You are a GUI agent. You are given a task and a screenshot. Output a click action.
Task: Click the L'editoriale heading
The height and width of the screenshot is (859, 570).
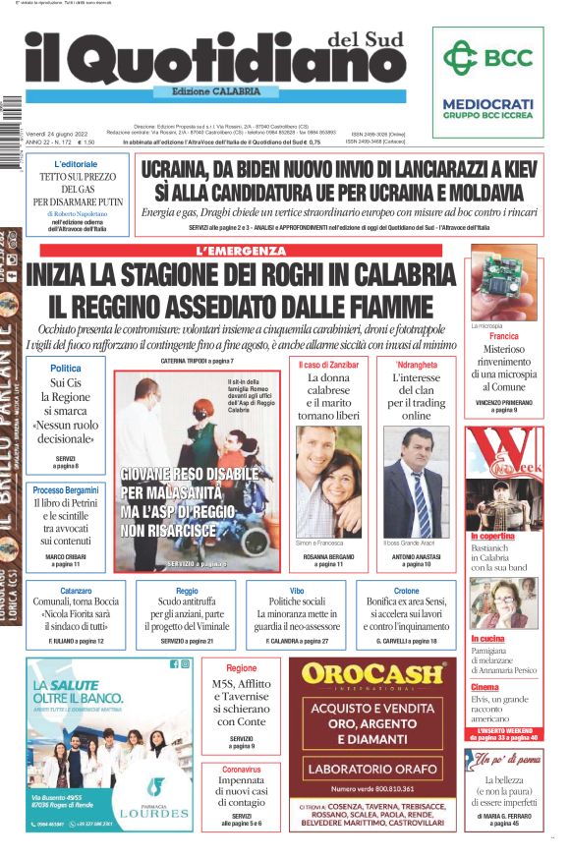point(76,163)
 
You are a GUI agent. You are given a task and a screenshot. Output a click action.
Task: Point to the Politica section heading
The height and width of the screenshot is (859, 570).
point(66,368)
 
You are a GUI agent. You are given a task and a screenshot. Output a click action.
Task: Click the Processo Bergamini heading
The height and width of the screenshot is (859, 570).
point(66,489)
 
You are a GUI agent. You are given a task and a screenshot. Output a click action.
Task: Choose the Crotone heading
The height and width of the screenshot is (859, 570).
point(406,591)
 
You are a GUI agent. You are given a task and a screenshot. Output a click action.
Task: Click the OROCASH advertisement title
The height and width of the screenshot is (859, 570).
point(372,674)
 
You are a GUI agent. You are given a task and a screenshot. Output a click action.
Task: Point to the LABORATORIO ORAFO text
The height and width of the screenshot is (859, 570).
point(372,768)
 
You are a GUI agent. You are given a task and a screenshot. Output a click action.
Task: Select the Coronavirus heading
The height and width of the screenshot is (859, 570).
point(242,769)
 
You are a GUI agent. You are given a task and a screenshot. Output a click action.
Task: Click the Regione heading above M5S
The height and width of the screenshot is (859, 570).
point(242,668)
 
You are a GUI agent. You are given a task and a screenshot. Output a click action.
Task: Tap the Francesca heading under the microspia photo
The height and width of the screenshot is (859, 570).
point(503,336)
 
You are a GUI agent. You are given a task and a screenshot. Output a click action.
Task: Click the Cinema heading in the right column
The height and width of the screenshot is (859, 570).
point(484,687)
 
